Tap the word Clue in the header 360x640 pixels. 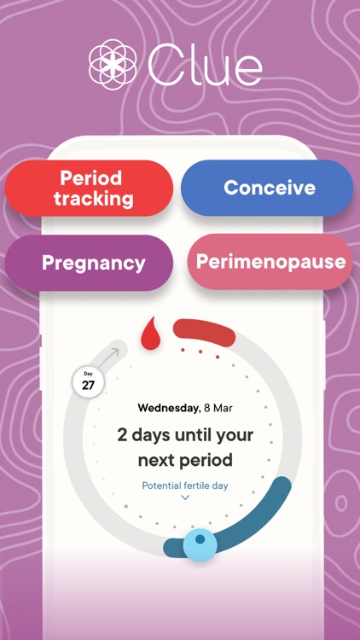[x=204, y=66]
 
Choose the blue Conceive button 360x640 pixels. [x=269, y=188]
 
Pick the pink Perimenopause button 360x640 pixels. [x=270, y=262]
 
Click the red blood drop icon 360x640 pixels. [x=151, y=334]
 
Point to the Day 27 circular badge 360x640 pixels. [x=89, y=381]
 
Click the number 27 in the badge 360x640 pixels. [x=89, y=386]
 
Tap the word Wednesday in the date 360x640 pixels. [x=168, y=408]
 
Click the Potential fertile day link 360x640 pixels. [x=185, y=486]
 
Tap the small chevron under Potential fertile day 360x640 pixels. [x=185, y=497]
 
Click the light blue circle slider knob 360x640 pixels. [x=200, y=543]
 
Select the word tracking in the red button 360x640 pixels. [x=93, y=200]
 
